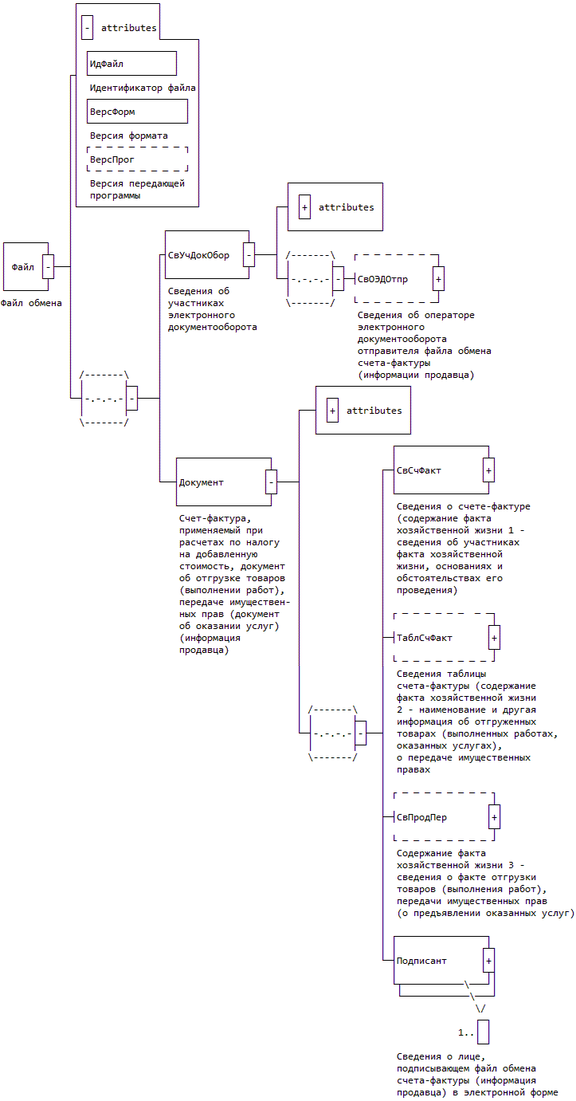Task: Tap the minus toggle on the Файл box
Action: pos(48,266)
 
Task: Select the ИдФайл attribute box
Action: pos(131,64)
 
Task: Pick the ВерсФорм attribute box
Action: pos(137,112)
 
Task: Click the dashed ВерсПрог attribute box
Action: pos(137,159)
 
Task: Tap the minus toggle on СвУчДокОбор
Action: pos(249,255)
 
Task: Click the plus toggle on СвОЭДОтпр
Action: pos(438,279)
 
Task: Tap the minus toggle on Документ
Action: pos(271,482)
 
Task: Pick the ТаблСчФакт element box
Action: pos(438,638)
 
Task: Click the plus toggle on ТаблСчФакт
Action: pos(494,638)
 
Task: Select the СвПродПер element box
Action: pos(438,817)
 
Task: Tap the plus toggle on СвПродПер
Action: pos(494,817)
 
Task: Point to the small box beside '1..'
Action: pos(483,1032)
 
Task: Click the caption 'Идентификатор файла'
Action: pos(143,88)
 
